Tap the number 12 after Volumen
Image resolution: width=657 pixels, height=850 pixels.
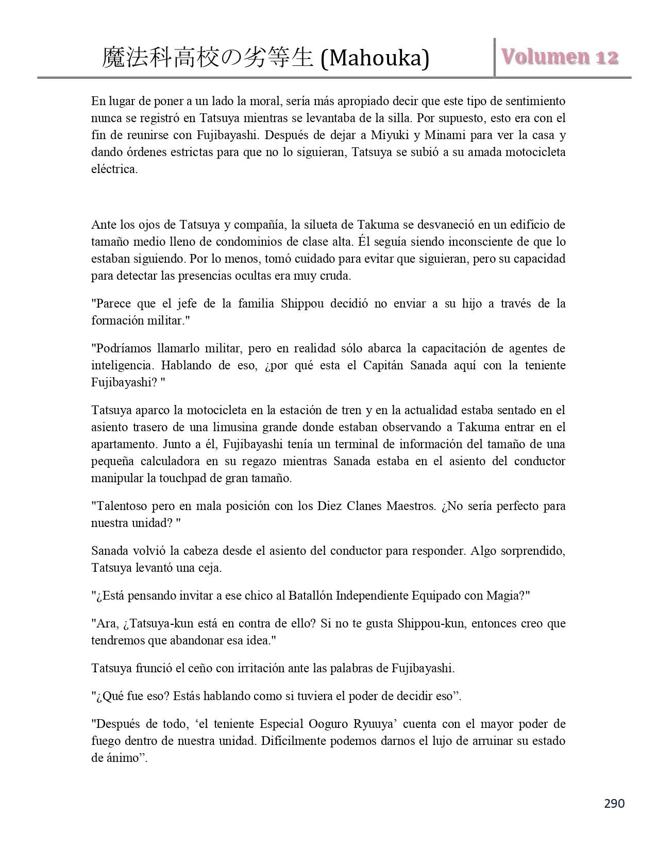coord(607,57)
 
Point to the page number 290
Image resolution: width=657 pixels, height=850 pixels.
coord(614,803)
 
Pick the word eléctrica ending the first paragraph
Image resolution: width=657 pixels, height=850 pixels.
coord(114,169)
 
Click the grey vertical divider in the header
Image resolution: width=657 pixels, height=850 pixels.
coord(495,57)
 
